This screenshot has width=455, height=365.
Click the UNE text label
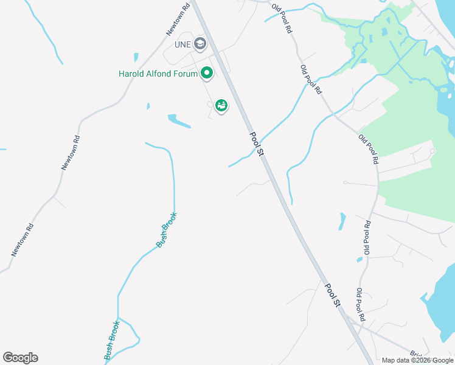point(182,44)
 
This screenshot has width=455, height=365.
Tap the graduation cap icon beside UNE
point(200,44)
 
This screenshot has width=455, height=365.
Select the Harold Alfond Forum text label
point(158,74)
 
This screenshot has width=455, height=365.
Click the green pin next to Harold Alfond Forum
point(207,74)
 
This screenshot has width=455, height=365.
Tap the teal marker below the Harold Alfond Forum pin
point(221,106)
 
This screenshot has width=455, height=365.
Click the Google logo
point(20,358)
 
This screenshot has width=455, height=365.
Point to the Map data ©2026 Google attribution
point(417,360)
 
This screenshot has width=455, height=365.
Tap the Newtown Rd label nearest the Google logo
point(22,239)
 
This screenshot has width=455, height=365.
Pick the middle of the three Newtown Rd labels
point(71,149)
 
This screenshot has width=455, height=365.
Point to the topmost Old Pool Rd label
point(282,18)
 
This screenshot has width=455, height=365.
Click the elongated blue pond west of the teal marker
point(179,121)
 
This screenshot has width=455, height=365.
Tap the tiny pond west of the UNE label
point(135,57)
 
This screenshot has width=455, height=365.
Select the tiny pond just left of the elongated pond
point(148,106)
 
